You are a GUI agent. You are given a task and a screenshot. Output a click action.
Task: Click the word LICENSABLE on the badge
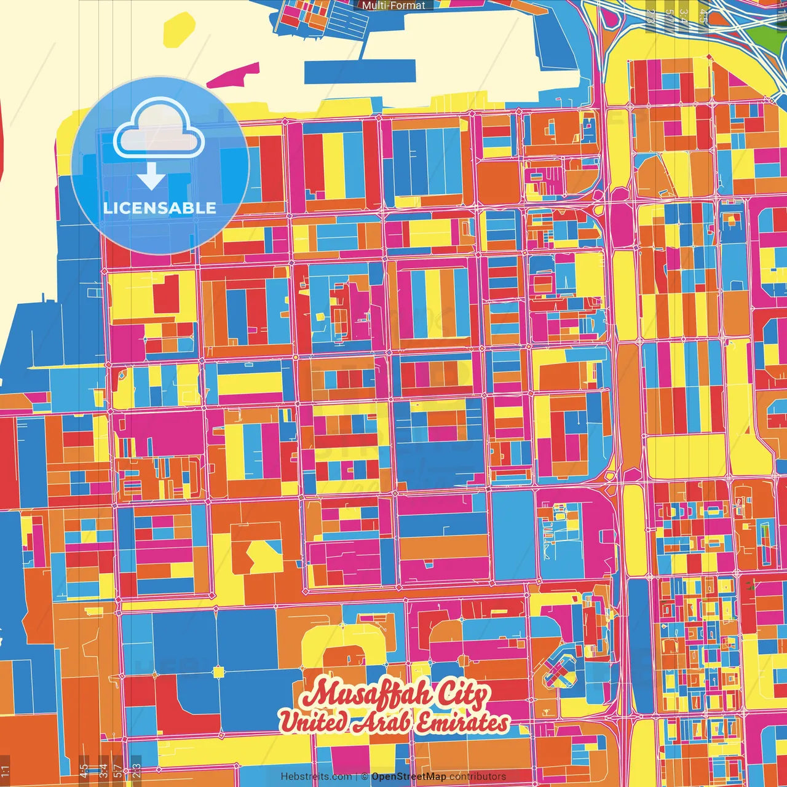(x=160, y=208)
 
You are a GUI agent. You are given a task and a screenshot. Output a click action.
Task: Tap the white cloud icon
(x=159, y=130)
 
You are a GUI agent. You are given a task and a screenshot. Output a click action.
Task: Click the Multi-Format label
(x=393, y=6)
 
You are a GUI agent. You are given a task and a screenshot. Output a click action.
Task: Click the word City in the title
(x=464, y=695)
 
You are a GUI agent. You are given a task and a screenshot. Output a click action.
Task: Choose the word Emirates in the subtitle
(x=462, y=722)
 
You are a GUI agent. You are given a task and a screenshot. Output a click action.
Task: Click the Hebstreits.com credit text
(x=316, y=777)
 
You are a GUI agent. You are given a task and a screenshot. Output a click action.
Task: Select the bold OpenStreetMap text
(x=409, y=777)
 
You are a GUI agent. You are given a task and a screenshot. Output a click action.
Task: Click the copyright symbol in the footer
(x=365, y=777)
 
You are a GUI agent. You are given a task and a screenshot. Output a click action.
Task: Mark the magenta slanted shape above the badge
(x=232, y=76)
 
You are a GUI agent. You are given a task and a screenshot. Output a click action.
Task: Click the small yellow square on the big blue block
(x=218, y=672)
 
